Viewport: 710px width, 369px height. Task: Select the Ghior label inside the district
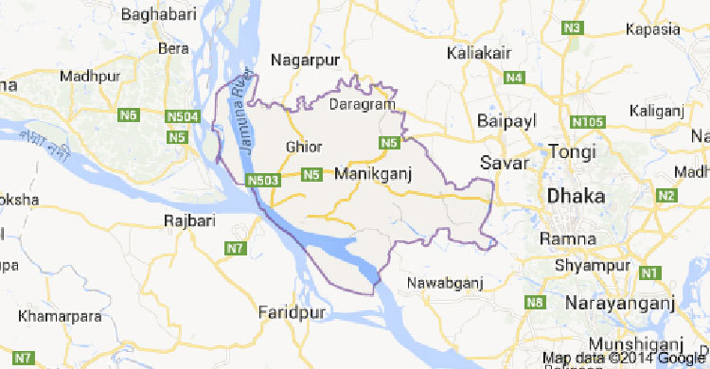(303, 147)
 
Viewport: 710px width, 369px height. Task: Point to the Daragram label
(360, 105)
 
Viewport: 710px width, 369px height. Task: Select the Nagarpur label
(304, 61)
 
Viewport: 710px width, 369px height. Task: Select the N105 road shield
(589, 122)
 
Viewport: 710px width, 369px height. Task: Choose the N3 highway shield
(571, 29)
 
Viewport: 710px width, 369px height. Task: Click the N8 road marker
(536, 303)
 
